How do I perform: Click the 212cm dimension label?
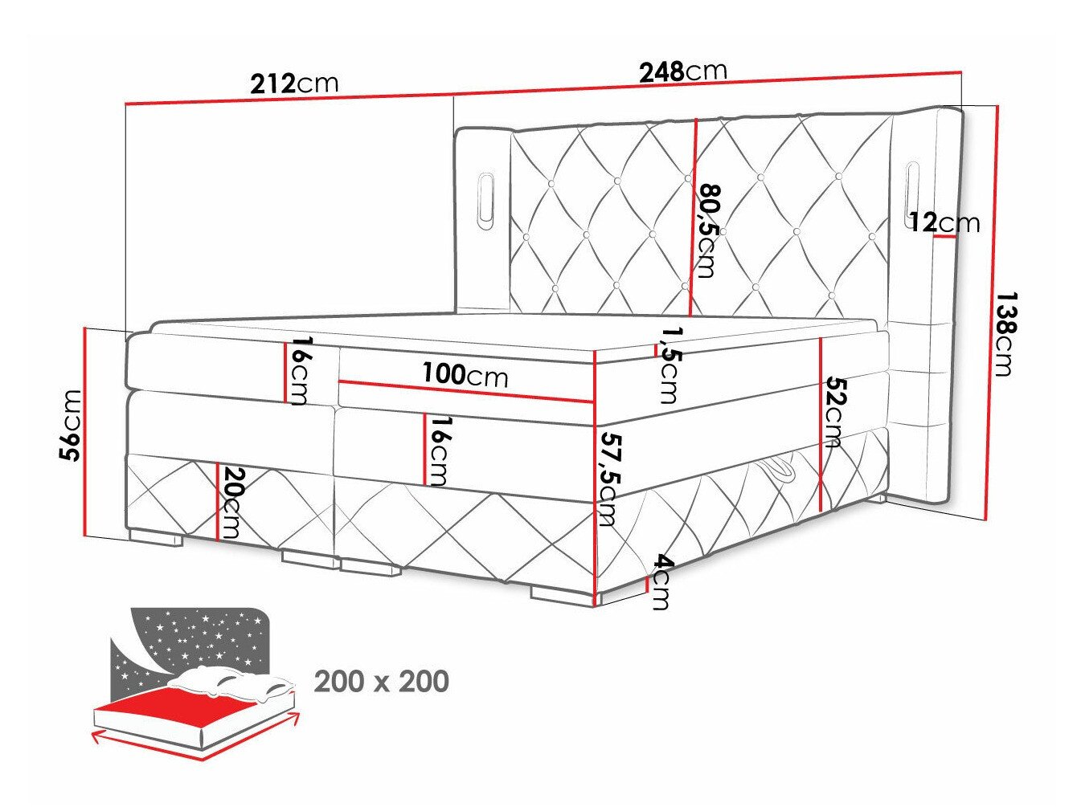coord(294,83)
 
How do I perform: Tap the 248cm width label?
coord(682,71)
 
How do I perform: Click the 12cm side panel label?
coord(944,222)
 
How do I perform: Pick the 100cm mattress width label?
coord(465,374)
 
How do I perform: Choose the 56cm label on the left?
coord(72,425)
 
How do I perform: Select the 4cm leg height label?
coord(660,582)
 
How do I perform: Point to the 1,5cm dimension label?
coord(666,365)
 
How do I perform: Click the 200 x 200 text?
coord(381,682)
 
